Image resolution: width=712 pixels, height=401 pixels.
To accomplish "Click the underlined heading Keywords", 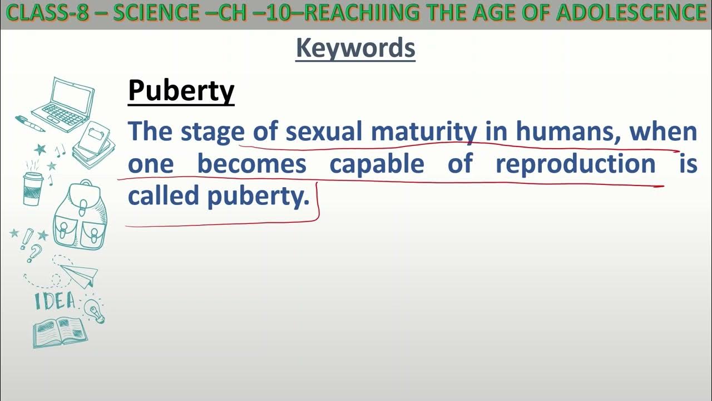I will pyautogui.click(x=355, y=48).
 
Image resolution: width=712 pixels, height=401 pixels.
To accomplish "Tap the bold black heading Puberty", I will pyautogui.click(x=181, y=91).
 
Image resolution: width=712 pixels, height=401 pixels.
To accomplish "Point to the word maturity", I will pyautogui.click(x=423, y=132).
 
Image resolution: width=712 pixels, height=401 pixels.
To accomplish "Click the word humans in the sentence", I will pyautogui.click(x=568, y=132).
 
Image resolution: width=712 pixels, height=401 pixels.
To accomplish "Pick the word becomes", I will pyautogui.click(x=251, y=164).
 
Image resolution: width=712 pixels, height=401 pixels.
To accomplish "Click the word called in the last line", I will pyautogui.click(x=163, y=196).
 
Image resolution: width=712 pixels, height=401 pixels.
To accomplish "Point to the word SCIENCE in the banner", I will pyautogui.click(x=152, y=12).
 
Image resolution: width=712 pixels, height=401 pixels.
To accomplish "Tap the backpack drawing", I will pyautogui.click(x=80, y=215).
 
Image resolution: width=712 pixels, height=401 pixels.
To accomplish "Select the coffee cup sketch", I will pyautogui.click(x=33, y=187).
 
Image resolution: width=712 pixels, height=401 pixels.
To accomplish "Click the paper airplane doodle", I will pyautogui.click(x=80, y=275).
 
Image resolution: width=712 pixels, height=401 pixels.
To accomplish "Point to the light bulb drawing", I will pyautogui.click(x=95, y=310).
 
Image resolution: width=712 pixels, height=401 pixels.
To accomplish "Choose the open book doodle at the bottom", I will pyautogui.click(x=60, y=332).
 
